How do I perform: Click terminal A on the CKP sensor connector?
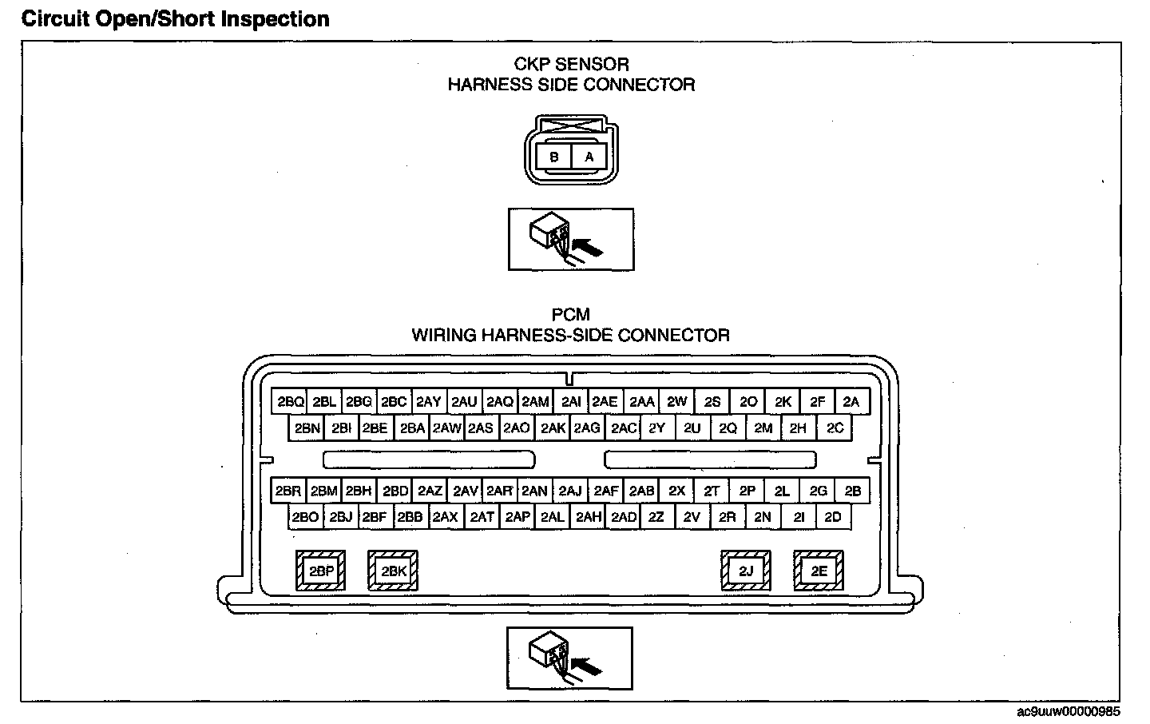[589, 157]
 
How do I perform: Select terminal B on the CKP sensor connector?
[553, 157]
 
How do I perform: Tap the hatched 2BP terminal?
[321, 571]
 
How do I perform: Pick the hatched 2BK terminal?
[393, 571]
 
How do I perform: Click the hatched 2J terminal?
[746, 571]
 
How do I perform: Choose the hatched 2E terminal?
[819, 571]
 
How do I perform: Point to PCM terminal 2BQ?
[291, 401]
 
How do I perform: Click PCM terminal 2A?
[851, 401]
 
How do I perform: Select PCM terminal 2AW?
[447, 428]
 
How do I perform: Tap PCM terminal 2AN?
[534, 491]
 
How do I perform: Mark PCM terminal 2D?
[833, 517]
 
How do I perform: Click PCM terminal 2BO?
[305, 517]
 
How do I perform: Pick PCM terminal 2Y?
[657, 428]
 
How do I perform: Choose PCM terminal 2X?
[676, 491]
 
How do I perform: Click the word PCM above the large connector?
[570, 315]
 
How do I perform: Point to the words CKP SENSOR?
[570, 64]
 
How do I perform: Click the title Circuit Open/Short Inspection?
[176, 19]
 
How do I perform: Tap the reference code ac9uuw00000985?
[1069, 710]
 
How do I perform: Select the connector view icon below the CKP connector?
[570, 239]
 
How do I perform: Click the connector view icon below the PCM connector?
[569, 658]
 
